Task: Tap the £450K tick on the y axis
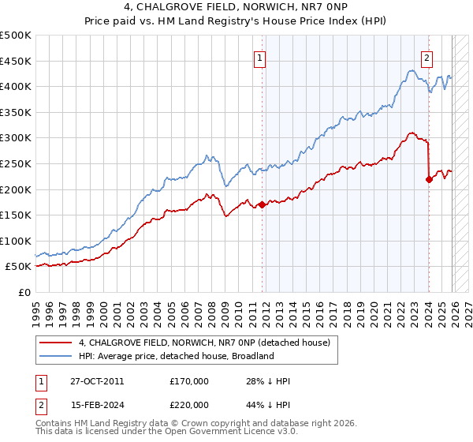click(x=16, y=61)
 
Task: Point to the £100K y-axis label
click(x=16, y=241)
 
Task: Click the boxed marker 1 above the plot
click(x=259, y=57)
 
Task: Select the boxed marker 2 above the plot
click(x=426, y=57)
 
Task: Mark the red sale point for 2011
click(x=262, y=205)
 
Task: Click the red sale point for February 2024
click(x=429, y=179)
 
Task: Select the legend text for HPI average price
click(x=176, y=356)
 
